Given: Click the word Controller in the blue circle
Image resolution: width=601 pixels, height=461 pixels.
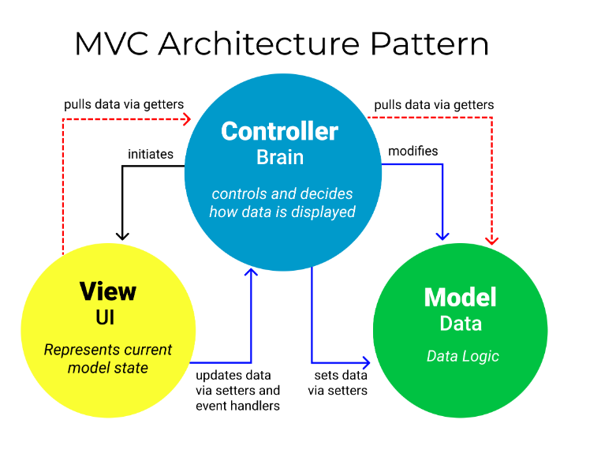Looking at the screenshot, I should point(279,131).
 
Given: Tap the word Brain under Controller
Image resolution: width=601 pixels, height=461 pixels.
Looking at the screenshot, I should point(280,157).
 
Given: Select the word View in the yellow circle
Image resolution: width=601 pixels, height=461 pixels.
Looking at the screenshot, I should point(108,291).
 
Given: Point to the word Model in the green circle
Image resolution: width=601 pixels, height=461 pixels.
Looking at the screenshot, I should point(460,298).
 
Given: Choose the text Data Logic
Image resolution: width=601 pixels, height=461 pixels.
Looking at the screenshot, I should point(463,356).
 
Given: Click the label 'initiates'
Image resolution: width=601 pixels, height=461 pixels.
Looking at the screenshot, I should point(150,154).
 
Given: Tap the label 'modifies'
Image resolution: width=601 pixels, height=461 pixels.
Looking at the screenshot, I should point(413,151).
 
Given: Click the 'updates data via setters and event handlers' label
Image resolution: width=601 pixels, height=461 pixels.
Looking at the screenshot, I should point(237,390).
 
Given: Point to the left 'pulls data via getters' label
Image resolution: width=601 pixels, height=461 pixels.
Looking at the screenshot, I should point(124,104).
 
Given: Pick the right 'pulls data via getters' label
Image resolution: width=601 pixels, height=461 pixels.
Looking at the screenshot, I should point(434,104).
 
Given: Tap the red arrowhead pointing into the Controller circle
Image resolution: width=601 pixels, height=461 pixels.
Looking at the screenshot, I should point(187,118).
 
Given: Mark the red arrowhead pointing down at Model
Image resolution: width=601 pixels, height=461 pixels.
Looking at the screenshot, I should point(493,238).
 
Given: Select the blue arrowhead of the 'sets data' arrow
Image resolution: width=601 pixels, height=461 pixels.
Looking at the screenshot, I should point(364,362).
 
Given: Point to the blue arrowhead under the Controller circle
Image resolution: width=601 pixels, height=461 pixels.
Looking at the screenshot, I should point(252,273).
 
